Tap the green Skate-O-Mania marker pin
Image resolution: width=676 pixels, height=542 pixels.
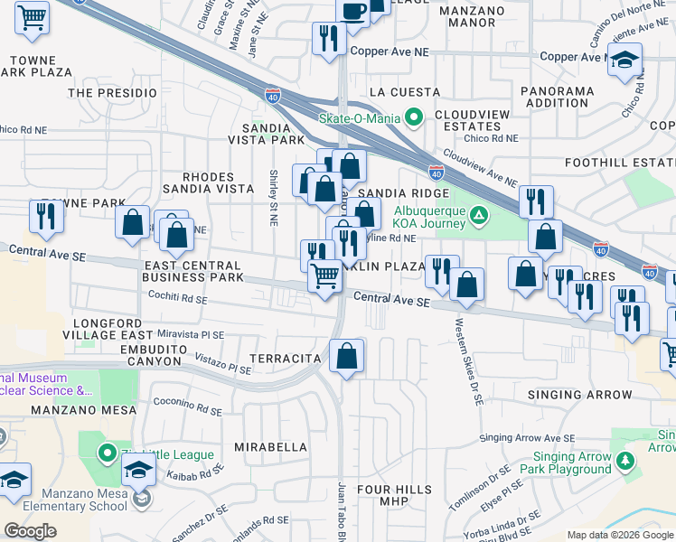click(415, 117)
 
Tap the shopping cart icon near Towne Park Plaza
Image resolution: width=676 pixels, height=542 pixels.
click(33, 17)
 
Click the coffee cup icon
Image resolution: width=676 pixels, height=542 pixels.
click(353, 11)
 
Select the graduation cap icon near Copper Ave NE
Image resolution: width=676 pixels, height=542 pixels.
click(624, 61)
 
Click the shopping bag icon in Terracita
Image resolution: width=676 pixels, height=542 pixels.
click(346, 358)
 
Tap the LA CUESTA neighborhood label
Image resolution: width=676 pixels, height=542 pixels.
click(405, 92)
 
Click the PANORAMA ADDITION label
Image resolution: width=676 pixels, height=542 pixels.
click(559, 97)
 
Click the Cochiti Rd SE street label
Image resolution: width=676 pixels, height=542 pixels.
click(181, 297)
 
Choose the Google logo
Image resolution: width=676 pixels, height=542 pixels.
click(30, 531)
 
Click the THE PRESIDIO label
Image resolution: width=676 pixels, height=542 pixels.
click(112, 92)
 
